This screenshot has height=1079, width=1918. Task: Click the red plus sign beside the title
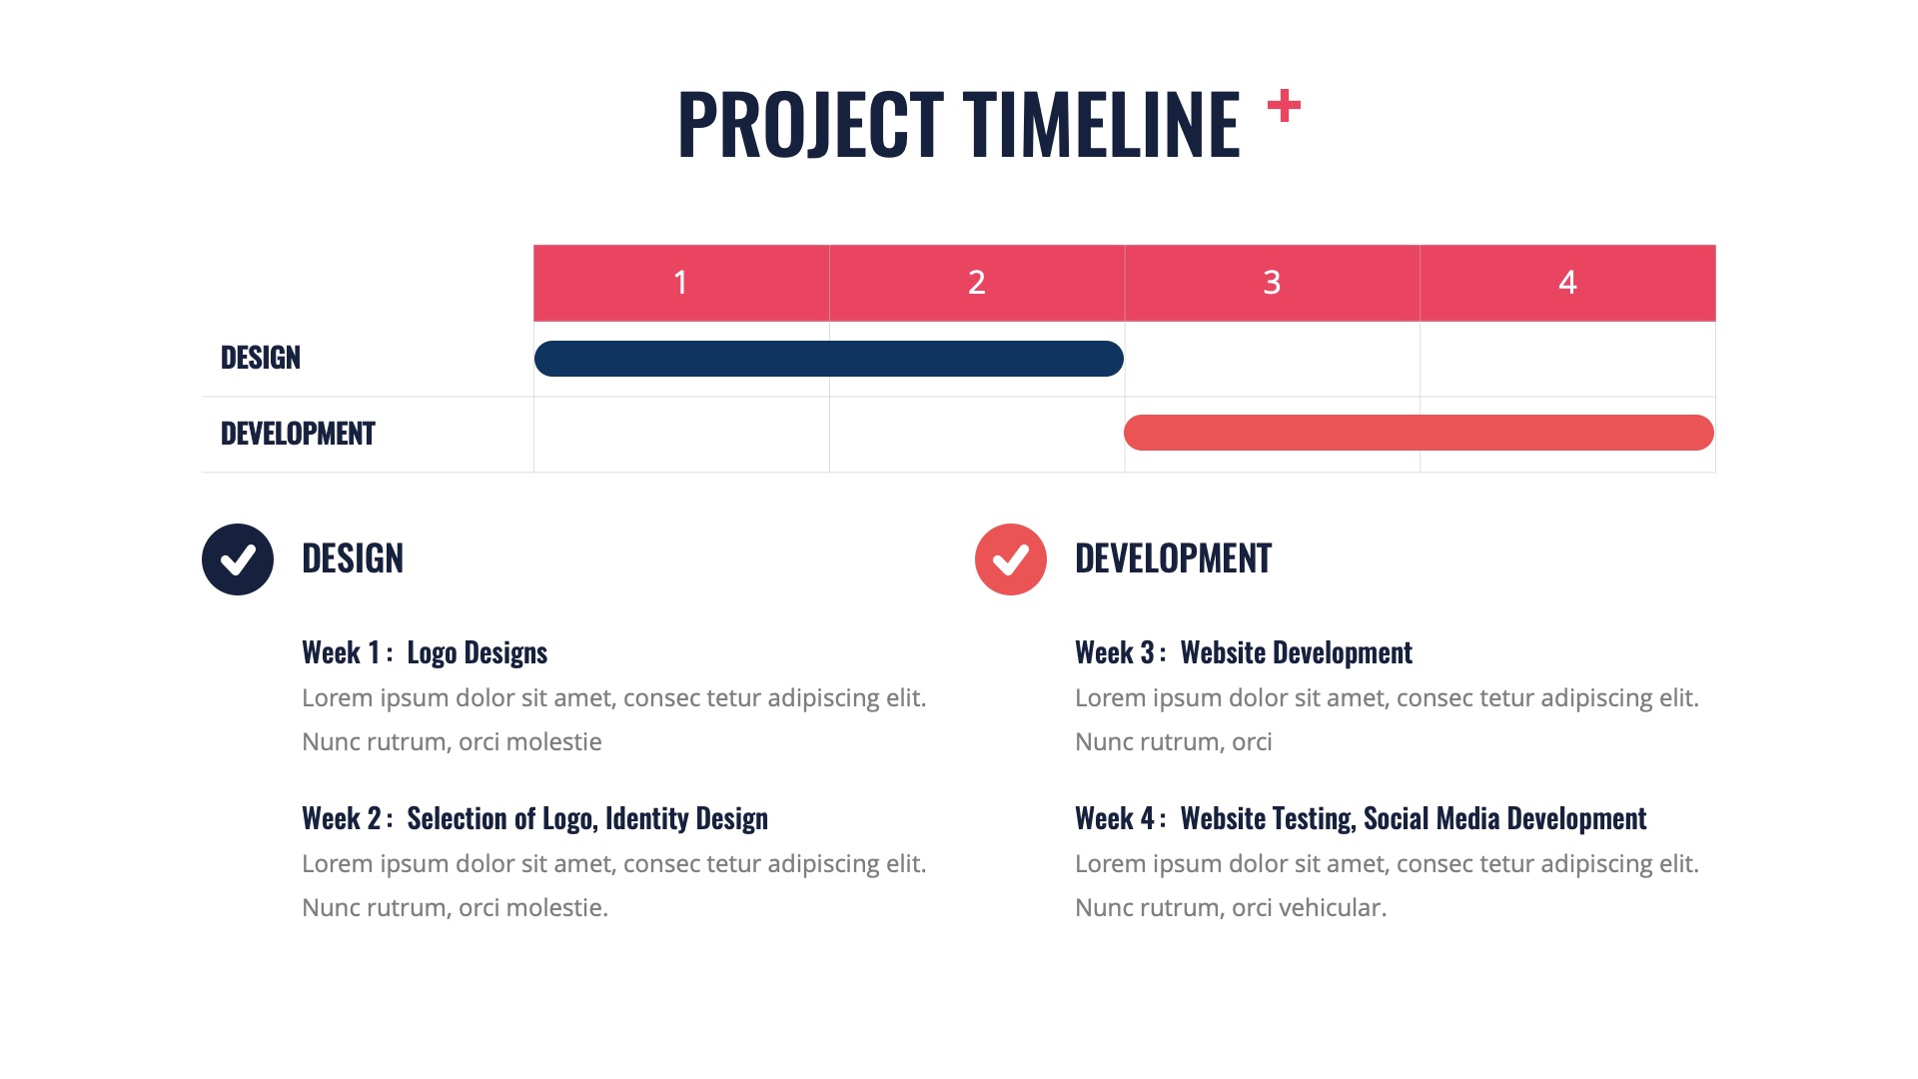(x=1284, y=106)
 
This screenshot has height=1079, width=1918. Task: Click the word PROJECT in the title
(x=810, y=125)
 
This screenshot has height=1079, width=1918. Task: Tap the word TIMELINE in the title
(x=1101, y=125)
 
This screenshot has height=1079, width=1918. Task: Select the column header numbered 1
(x=680, y=283)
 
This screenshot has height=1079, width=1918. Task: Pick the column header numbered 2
(x=976, y=283)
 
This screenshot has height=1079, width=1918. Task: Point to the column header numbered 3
(x=1272, y=283)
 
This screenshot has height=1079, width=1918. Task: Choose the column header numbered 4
(x=1567, y=283)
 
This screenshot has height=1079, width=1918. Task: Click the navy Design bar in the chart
(x=828, y=359)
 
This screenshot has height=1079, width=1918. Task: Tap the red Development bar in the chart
(x=1419, y=433)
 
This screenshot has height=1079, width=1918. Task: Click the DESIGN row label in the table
(x=260, y=358)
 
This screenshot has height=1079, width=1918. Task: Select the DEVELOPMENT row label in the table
(x=298, y=434)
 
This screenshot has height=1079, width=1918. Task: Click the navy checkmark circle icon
(x=238, y=559)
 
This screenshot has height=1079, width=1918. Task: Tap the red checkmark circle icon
(x=1010, y=559)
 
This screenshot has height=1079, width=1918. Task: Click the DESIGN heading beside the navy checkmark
(x=353, y=558)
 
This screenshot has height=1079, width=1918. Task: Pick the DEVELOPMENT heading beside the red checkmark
(x=1173, y=558)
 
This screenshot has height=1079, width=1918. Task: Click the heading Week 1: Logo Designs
(x=425, y=653)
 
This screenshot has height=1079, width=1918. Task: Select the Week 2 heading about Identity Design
(x=534, y=819)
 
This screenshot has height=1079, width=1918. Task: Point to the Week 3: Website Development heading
(x=1243, y=653)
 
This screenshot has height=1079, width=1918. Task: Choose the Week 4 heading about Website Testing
(x=1360, y=819)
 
